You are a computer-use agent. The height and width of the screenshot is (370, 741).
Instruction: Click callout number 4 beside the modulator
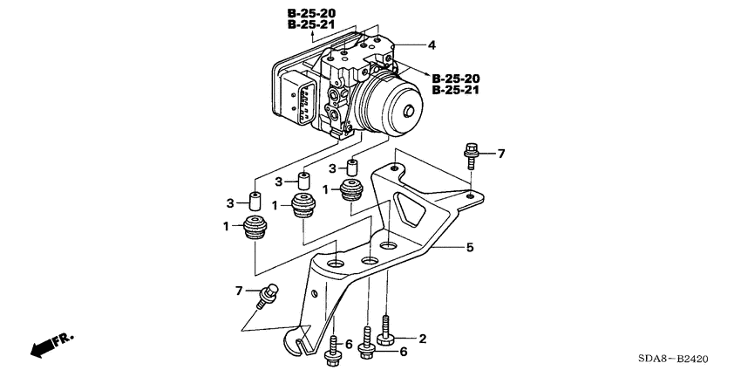(x=431, y=44)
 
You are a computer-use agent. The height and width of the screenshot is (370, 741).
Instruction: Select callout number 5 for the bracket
(x=469, y=248)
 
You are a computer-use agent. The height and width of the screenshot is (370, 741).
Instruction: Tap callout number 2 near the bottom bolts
(x=423, y=339)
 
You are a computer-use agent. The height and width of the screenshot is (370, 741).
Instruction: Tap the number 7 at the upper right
(x=501, y=154)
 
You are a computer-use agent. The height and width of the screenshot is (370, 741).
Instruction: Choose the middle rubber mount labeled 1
(x=303, y=207)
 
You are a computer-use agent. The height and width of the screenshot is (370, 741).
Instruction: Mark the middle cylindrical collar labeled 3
(x=304, y=182)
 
